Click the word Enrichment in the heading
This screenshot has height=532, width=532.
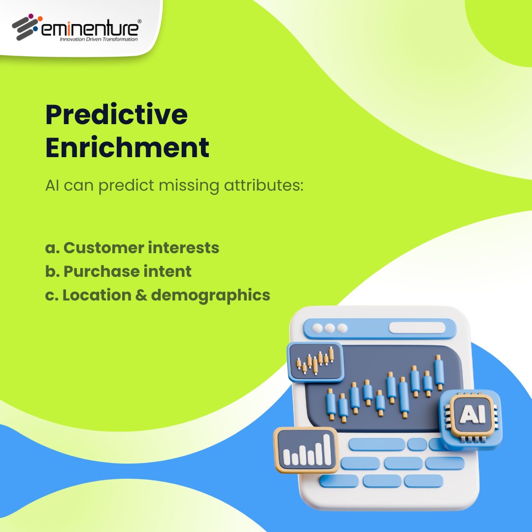pyautogui.click(x=127, y=148)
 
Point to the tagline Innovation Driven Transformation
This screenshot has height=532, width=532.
pyautogui.click(x=98, y=39)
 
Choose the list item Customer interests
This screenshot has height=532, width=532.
pyautogui.click(x=132, y=247)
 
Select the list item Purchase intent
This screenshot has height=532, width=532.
pyautogui.click(x=118, y=271)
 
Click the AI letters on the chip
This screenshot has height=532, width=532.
pyautogui.click(x=471, y=415)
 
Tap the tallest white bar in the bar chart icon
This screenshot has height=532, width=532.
pyautogui.click(x=327, y=449)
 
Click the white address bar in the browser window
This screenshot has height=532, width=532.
pyautogui.click(x=417, y=328)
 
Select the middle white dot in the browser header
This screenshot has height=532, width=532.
pyautogui.click(x=330, y=328)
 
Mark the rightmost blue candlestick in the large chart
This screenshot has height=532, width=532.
pyautogui.click(x=439, y=372)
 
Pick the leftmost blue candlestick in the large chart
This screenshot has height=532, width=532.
pyautogui.click(x=331, y=404)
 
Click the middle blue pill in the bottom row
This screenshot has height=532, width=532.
pyautogui.click(x=382, y=481)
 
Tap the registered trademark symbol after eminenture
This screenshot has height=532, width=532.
pyautogui.click(x=139, y=22)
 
